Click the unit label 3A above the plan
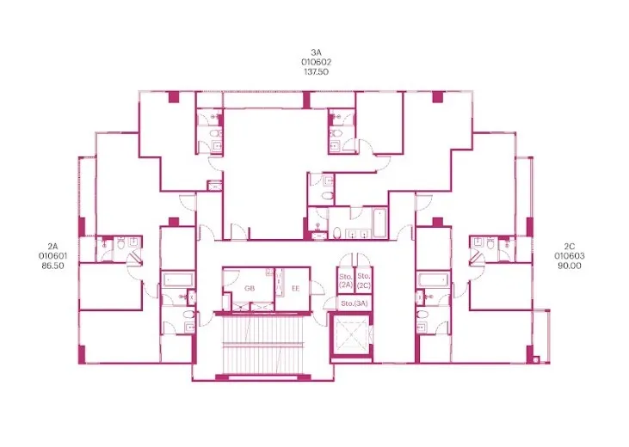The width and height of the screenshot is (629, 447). pyautogui.click(x=316, y=52)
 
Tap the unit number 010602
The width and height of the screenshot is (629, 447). pyautogui.click(x=316, y=62)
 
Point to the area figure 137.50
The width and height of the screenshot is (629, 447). pyautogui.click(x=316, y=71)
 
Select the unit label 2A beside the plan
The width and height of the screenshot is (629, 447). pyautogui.click(x=52, y=246)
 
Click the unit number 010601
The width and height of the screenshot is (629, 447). pyautogui.click(x=52, y=256)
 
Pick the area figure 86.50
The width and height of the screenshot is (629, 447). pyautogui.click(x=52, y=266)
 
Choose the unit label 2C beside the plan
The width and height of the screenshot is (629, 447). pyautogui.click(x=570, y=246)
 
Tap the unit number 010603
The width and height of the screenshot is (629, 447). pyautogui.click(x=570, y=256)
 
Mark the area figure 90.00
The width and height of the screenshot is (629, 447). pyautogui.click(x=570, y=266)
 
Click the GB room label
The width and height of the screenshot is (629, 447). pyautogui.click(x=250, y=288)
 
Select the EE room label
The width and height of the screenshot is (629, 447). pyautogui.click(x=296, y=288)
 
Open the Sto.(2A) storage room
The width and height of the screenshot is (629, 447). pyautogui.click(x=346, y=281)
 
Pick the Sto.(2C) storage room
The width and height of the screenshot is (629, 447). pyautogui.click(x=364, y=281)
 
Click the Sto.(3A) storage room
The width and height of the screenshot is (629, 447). pyautogui.click(x=355, y=303)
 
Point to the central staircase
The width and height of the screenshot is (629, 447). pyautogui.click(x=263, y=344)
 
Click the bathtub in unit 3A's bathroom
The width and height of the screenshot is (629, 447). pyautogui.click(x=379, y=223)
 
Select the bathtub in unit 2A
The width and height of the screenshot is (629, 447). pyautogui.click(x=178, y=279)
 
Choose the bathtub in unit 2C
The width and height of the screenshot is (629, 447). pyautogui.click(x=433, y=279)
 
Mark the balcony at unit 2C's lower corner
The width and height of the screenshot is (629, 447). pyautogui.click(x=541, y=336)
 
